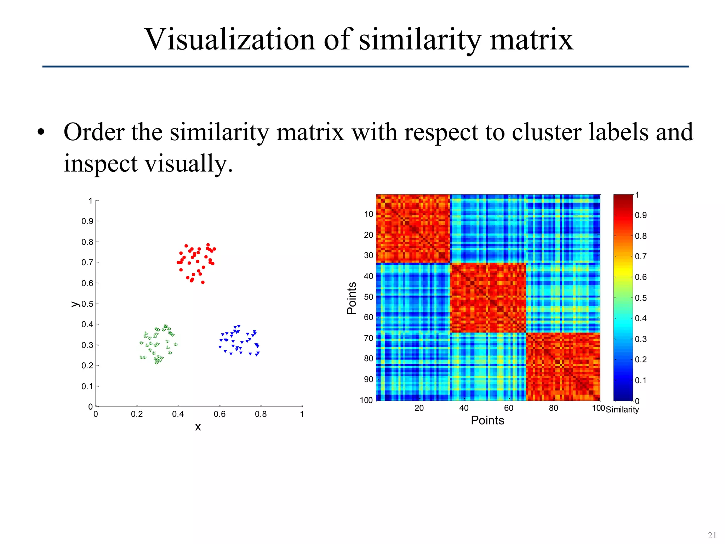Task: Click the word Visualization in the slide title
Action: [229, 40]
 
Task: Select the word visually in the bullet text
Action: [184, 164]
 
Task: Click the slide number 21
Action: [712, 535]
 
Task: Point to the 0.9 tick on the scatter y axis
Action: [87, 221]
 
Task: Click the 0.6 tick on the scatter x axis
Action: [219, 414]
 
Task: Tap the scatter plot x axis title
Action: [198, 427]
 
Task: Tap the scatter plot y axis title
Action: [75, 304]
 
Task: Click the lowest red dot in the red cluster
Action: [203, 282]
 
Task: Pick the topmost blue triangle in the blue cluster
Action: [239, 326]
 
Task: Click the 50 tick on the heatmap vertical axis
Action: [369, 297]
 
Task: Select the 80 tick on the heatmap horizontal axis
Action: [553, 408]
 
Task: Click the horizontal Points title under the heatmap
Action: [487, 420]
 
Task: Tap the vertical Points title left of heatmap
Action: [352, 298]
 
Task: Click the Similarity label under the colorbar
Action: [622, 410]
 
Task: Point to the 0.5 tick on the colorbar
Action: [640, 298]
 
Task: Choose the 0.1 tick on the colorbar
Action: [640, 380]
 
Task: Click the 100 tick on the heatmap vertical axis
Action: [366, 400]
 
